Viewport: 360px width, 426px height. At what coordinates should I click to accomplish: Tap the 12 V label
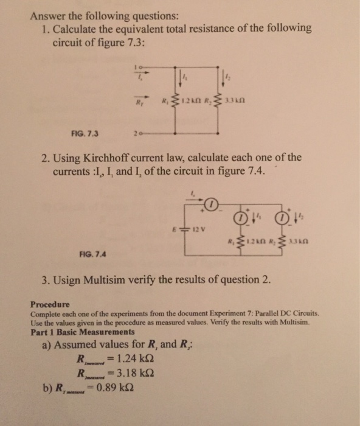(216, 230)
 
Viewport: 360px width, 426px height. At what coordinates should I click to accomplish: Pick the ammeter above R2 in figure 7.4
(282, 217)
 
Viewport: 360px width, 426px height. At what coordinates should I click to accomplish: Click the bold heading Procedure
(50, 303)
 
